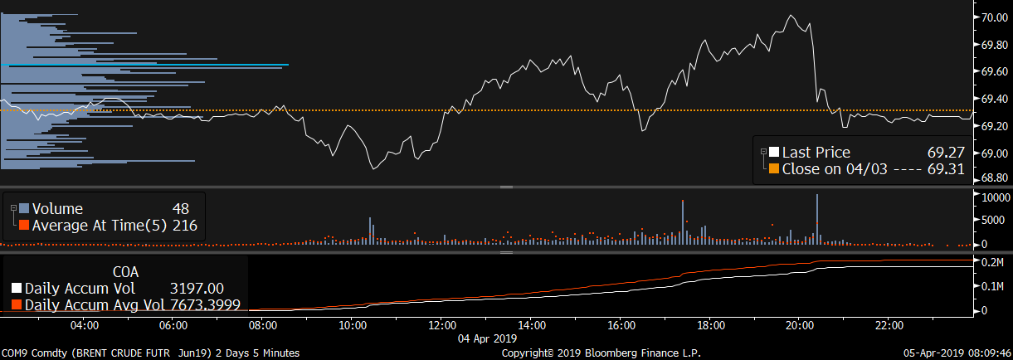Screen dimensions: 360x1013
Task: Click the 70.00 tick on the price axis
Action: (995, 16)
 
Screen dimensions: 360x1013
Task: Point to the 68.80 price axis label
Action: (995, 178)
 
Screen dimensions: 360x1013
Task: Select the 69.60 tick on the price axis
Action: (995, 72)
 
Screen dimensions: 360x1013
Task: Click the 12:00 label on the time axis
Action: (441, 324)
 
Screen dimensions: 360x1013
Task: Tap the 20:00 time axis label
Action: (799, 324)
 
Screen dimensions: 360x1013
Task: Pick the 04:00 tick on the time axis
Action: (85, 324)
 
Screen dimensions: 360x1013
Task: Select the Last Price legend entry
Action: (816, 152)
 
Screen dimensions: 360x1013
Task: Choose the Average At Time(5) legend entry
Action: (100, 225)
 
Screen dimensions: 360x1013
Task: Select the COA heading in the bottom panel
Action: (125, 271)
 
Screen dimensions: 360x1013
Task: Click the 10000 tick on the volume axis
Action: (996, 198)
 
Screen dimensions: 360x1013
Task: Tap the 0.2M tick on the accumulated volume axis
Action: (993, 263)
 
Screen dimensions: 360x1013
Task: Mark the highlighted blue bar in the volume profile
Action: (146, 65)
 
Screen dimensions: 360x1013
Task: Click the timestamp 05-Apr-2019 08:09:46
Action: (956, 353)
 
